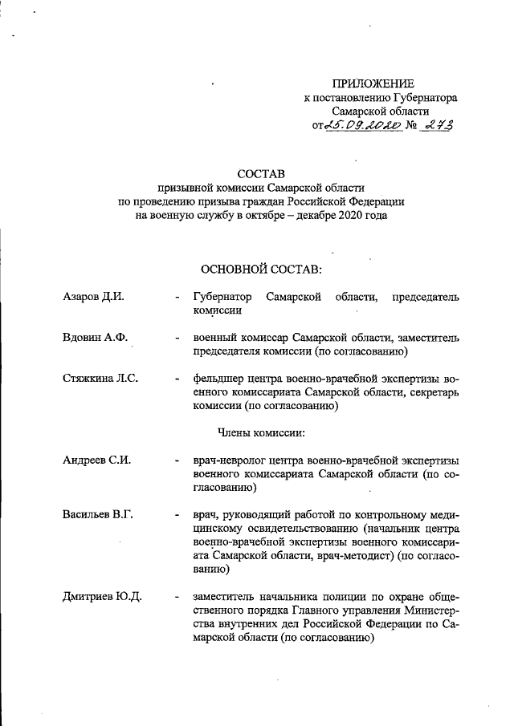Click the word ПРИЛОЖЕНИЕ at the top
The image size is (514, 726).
[x=373, y=84]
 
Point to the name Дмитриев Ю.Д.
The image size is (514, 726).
[x=102, y=596]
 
